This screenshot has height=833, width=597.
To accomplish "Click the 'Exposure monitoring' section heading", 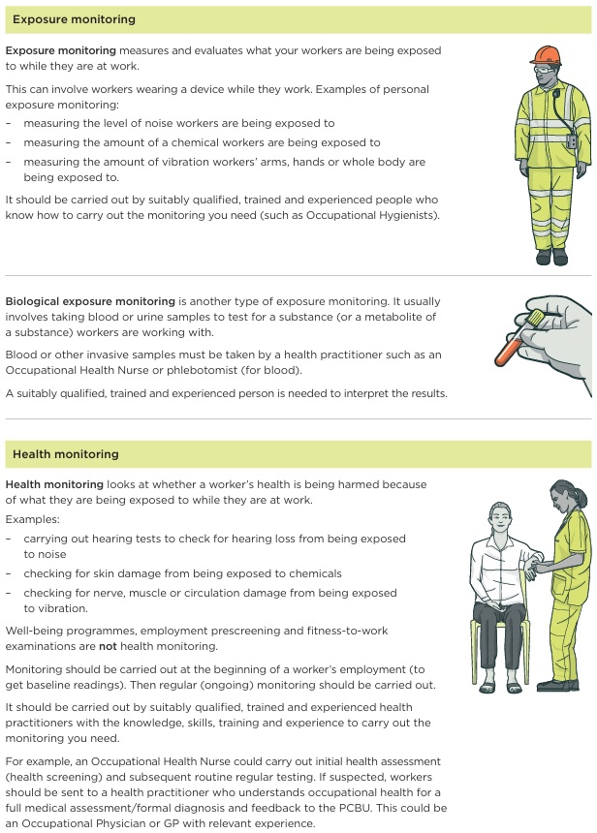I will pyautogui.click(x=74, y=19).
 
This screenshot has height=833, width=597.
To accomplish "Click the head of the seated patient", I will pyautogui.click(x=499, y=517).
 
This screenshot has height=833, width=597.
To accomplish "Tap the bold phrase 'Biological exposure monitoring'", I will pyautogui.click(x=90, y=301).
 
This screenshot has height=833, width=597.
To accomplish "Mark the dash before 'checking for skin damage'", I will pyautogui.click(x=9, y=573).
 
